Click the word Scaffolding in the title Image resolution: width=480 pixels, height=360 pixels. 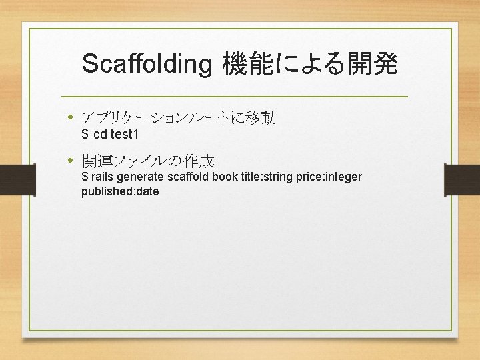[146, 65]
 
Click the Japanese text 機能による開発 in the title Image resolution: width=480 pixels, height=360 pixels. [310, 65]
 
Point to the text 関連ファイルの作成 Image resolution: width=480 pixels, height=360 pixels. [148, 161]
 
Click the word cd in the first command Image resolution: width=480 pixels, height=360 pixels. [100, 135]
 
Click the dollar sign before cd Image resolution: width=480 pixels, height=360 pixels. [85, 135]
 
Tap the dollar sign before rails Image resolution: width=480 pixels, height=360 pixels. [85, 177]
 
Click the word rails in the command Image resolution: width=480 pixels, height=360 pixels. [103, 177]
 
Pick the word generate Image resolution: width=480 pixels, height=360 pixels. [141, 177]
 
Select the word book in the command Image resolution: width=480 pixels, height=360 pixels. [224, 177]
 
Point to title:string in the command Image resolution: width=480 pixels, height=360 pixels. [267, 177]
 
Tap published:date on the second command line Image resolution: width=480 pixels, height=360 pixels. [120, 191]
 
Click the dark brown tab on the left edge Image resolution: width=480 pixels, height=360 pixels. [17, 179]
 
